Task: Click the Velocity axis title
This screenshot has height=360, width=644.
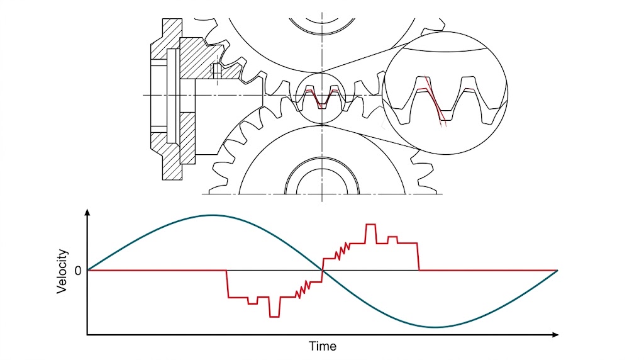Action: (x=62, y=271)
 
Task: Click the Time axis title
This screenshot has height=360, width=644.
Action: (x=323, y=346)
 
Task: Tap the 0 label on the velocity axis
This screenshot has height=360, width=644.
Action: (x=77, y=271)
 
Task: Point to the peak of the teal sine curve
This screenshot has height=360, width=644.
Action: (x=211, y=215)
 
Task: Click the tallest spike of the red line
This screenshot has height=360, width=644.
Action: (x=370, y=225)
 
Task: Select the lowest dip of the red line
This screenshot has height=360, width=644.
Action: (x=274, y=316)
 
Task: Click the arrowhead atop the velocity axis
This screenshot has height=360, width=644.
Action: (x=87, y=213)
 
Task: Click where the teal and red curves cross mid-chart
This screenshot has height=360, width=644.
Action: (x=323, y=270)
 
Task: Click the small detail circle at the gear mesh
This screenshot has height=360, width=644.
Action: (x=321, y=98)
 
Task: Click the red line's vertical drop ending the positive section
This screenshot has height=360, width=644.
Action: (x=419, y=257)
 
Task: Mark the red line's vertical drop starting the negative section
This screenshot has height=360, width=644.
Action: (x=226, y=283)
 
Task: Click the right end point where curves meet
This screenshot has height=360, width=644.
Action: (x=557, y=270)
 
